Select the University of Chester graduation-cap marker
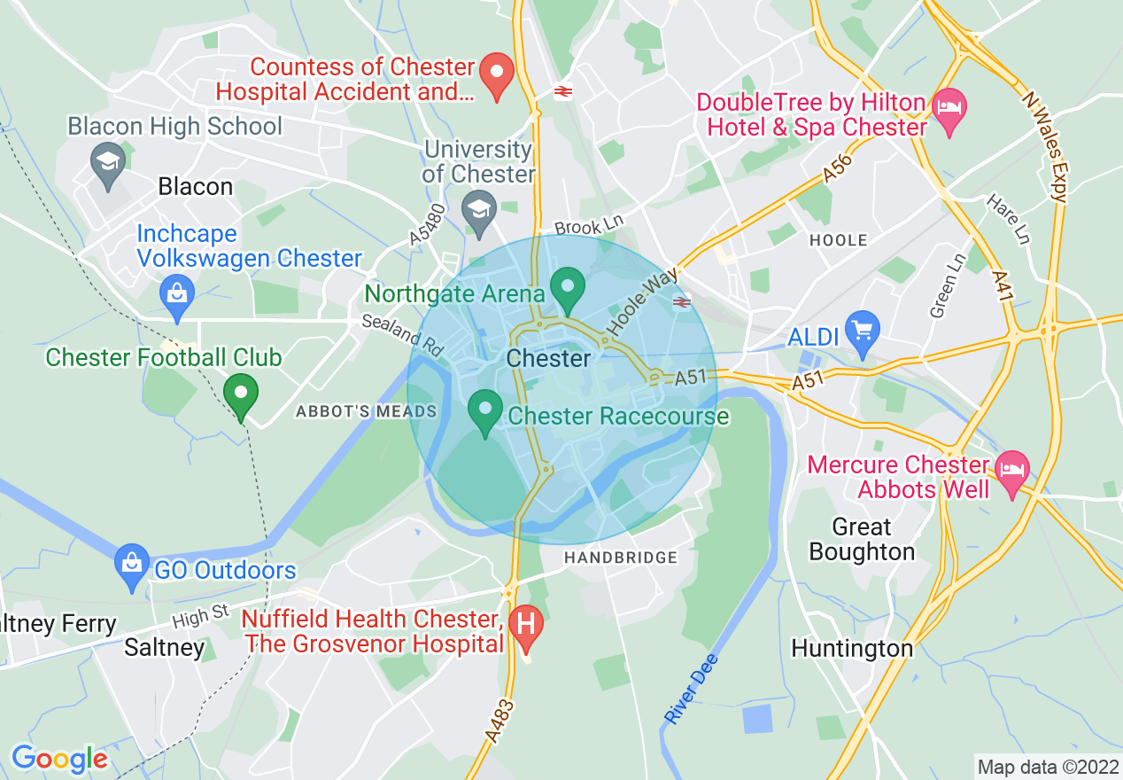479,211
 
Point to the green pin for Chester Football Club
240,394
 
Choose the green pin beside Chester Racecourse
484,411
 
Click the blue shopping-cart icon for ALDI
862,331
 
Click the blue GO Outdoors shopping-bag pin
133,565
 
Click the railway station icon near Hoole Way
681,303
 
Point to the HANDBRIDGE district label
621,558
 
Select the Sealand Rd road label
402,335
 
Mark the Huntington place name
851,649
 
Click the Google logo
59,760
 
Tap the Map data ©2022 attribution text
1046,765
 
